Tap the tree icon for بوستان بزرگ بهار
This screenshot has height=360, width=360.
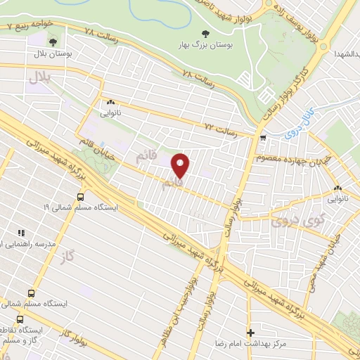(205, 33)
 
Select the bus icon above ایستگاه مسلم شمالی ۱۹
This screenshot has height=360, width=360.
(80, 197)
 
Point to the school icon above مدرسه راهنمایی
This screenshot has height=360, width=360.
(20, 233)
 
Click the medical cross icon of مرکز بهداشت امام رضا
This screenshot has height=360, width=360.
(250, 332)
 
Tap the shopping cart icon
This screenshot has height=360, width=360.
(262, 138)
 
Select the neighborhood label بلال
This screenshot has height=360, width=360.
(41, 78)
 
